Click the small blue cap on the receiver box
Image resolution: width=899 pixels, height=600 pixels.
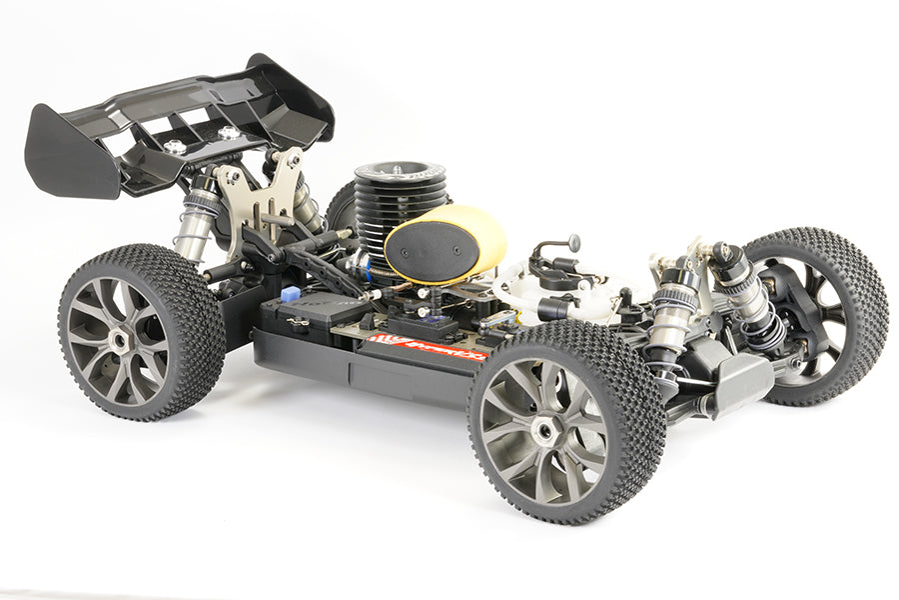290,295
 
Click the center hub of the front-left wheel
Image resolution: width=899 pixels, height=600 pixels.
545,431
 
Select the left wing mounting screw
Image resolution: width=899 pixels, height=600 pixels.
176,146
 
